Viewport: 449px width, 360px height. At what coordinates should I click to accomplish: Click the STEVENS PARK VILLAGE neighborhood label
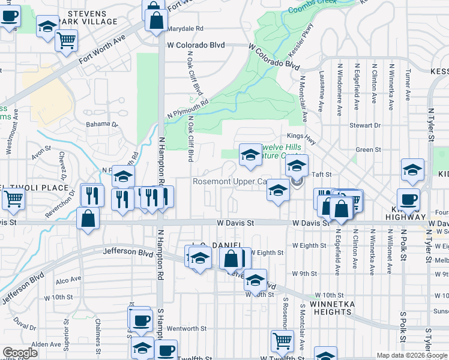tap(88, 17)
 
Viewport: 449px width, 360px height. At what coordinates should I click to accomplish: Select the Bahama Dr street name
tap(102, 124)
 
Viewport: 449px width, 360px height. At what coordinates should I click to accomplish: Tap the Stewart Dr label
tap(368, 125)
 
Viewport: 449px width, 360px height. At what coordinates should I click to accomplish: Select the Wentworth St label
tap(186, 328)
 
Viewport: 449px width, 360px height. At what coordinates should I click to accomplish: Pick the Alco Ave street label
tap(68, 280)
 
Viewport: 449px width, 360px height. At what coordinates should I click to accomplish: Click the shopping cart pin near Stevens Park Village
tap(67, 41)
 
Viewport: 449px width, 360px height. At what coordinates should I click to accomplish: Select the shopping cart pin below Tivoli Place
tap(14, 198)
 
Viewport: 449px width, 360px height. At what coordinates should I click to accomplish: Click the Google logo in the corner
tap(20, 353)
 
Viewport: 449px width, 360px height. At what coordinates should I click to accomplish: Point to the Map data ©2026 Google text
tap(411, 355)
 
